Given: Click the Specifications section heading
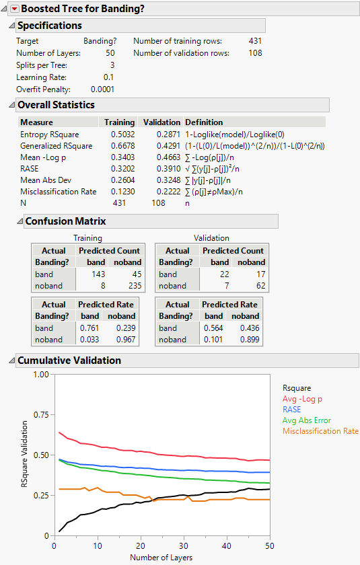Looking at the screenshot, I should pyautogui.click(x=49, y=26).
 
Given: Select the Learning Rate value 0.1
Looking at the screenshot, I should pyautogui.click(x=108, y=77).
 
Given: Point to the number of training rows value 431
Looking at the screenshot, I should pyautogui.click(x=255, y=41).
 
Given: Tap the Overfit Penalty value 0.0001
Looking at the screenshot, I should pyautogui.click(x=102, y=89).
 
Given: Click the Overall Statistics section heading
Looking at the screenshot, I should pyautogui.click(x=56, y=105).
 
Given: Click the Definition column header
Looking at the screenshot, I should pyautogui.click(x=204, y=122).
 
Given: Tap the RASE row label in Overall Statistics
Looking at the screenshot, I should pyautogui.click(x=30, y=169).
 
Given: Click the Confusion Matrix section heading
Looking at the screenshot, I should pyautogui.click(x=65, y=221).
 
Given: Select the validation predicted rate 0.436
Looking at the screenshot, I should pyautogui.click(x=250, y=328).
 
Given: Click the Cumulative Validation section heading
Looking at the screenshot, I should pyautogui.click(x=69, y=361).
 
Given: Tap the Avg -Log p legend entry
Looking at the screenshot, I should pyautogui.click(x=302, y=398).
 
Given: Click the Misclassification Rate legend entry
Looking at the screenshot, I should pyautogui.click(x=320, y=431).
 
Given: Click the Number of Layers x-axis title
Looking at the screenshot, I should pyautogui.click(x=161, y=557).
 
